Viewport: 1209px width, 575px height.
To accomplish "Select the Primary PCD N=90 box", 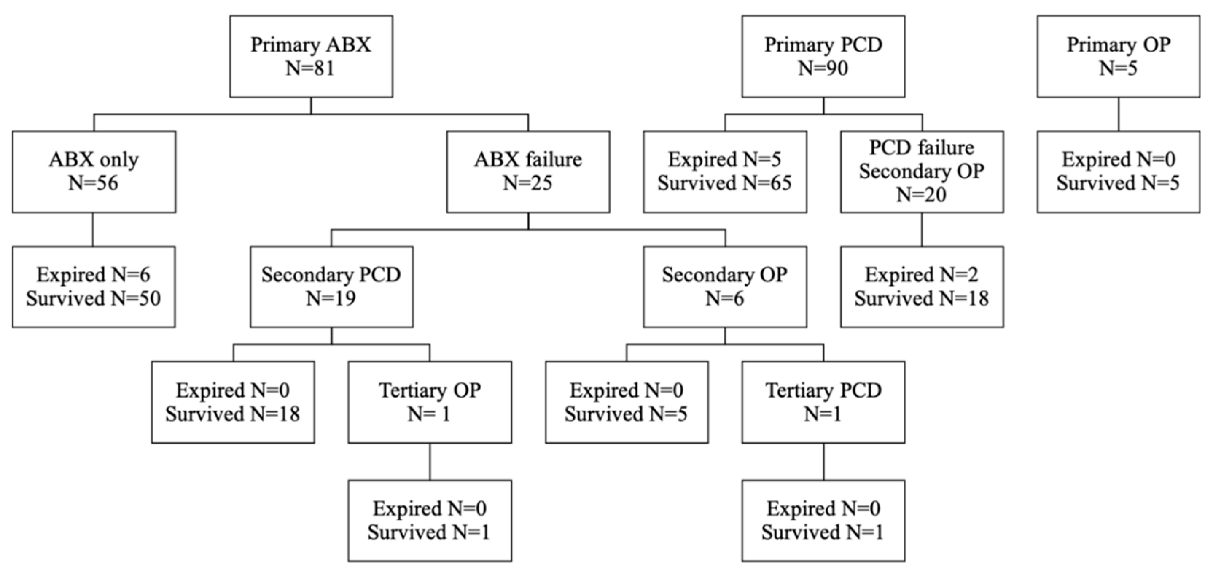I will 823,56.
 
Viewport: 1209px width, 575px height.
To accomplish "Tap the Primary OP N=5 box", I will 1118,56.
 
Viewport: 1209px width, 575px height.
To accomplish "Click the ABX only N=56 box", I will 94,172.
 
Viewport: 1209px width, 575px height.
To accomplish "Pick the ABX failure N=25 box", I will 528,172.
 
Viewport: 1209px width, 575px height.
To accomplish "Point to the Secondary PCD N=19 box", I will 331,287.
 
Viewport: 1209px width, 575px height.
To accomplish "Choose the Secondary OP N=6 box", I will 725,287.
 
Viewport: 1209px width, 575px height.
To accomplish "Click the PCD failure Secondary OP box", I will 922,172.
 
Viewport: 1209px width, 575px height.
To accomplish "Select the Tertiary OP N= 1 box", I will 429,402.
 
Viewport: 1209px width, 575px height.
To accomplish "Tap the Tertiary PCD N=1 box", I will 823,402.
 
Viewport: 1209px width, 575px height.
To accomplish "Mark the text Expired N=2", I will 922,275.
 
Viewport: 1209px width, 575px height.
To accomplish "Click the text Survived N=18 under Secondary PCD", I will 233,414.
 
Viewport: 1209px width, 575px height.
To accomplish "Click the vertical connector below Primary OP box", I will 1118,114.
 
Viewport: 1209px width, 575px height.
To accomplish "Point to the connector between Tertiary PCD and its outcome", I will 824,461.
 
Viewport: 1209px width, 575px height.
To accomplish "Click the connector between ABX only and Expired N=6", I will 93,229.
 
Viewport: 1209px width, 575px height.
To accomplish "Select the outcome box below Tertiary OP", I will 429,521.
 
